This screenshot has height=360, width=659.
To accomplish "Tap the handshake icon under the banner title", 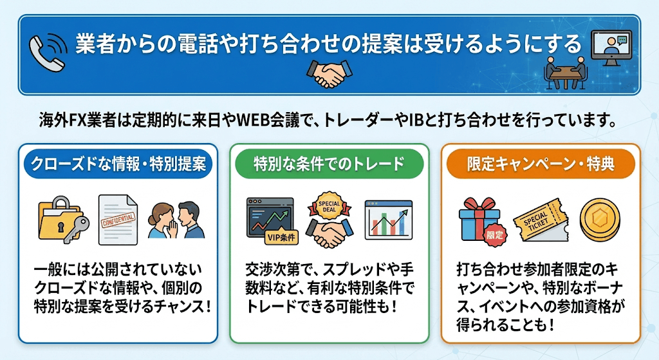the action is tap(329, 72).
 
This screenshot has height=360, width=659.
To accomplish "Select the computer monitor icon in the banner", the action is tap(611, 48).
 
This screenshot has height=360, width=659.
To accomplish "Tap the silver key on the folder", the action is tap(77, 229).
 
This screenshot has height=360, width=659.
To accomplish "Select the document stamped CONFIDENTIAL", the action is tap(118, 220).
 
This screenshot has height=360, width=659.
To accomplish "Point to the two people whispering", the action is tap(176, 220).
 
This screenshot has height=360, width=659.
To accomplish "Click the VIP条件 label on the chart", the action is tap(281, 238).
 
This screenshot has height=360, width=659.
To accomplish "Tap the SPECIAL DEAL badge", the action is tap(329, 206).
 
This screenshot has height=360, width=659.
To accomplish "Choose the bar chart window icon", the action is tap(388, 220).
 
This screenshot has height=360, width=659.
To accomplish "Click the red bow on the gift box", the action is tap(479, 205).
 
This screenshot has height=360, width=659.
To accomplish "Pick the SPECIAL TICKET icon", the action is tap(541, 220).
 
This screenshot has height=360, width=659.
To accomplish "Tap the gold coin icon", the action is tap(600, 220).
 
